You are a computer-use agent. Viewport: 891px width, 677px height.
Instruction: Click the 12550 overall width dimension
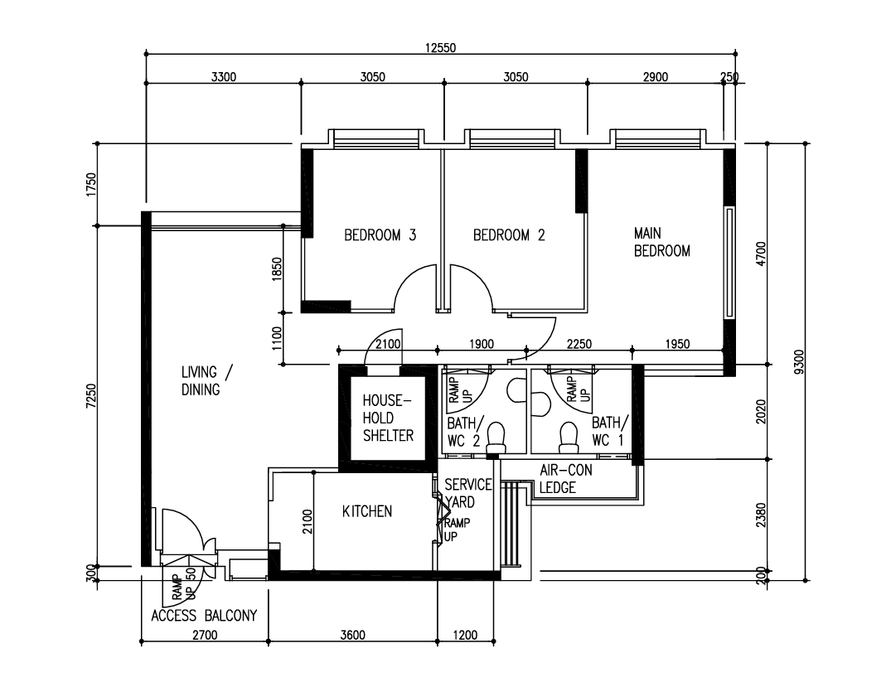pos(440,48)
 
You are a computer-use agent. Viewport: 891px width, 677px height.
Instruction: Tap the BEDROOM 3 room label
pos(380,235)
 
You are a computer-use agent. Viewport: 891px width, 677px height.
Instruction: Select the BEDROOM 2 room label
pos(509,235)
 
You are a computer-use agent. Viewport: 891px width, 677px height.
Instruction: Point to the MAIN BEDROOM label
pos(662,242)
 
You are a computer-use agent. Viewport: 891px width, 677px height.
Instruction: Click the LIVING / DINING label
pos(207,380)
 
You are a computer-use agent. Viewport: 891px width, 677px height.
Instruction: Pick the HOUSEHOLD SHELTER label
pos(388,418)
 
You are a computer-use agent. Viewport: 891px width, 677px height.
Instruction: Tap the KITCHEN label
pos(367,511)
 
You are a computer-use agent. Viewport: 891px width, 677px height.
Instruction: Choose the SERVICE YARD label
pos(468,493)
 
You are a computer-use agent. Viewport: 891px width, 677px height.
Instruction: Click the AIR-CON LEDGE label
pos(566,478)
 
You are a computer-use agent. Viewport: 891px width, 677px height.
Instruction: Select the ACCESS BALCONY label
pos(204,615)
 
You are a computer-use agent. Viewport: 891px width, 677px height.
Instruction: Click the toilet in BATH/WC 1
pos(569,438)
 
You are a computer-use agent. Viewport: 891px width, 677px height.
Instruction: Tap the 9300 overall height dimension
pos(799,362)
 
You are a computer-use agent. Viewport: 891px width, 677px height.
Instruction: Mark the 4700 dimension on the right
pos(762,254)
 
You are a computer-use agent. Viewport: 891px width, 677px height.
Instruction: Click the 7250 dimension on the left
pos(91,396)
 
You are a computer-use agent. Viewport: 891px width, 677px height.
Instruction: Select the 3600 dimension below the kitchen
pos(353,635)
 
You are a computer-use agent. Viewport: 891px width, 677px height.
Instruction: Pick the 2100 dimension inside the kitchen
pos(307,521)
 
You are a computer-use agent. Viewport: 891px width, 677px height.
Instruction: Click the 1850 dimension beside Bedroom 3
pos(277,269)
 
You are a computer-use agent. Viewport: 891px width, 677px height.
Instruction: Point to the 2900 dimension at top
pos(655,77)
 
